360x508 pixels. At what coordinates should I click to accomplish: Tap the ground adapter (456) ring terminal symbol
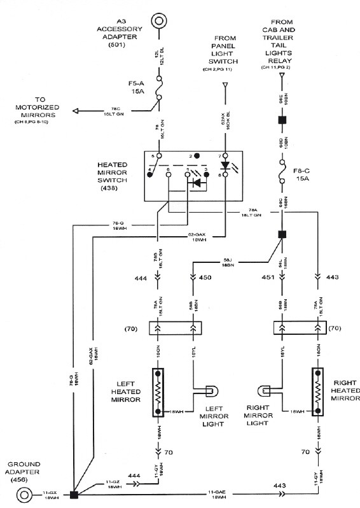click(x=25, y=494)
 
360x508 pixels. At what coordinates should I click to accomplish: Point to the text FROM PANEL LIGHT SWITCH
click(x=225, y=52)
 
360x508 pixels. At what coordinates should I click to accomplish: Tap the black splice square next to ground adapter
click(x=74, y=494)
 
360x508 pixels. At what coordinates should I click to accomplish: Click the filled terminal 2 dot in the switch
click(x=198, y=156)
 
